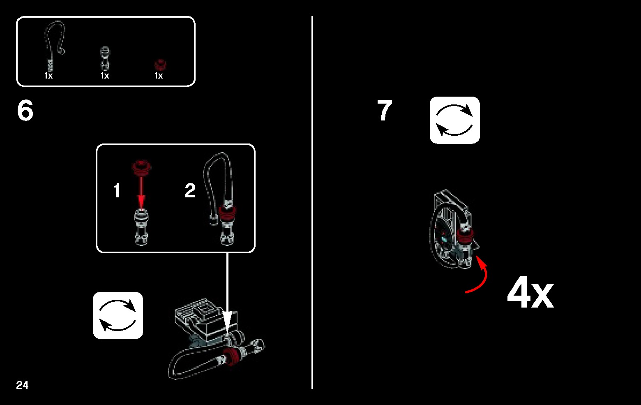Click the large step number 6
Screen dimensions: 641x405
25,110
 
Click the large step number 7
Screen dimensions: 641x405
385,110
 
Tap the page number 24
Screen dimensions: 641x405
22,385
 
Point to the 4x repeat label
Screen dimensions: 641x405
530,292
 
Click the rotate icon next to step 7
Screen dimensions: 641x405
455,120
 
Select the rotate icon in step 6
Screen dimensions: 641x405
118,315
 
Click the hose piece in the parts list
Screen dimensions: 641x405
54,46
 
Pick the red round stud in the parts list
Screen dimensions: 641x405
160,65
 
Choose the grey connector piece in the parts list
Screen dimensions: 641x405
105,58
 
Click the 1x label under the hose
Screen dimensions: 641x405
48,76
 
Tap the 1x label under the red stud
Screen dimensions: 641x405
159,76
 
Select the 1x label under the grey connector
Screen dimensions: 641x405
105,76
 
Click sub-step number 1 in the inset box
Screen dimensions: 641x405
117,190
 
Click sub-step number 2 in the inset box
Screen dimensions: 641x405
190,190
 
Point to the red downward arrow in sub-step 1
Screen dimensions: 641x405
141,193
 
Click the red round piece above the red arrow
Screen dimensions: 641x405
141,167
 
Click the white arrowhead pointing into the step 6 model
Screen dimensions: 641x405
228,325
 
